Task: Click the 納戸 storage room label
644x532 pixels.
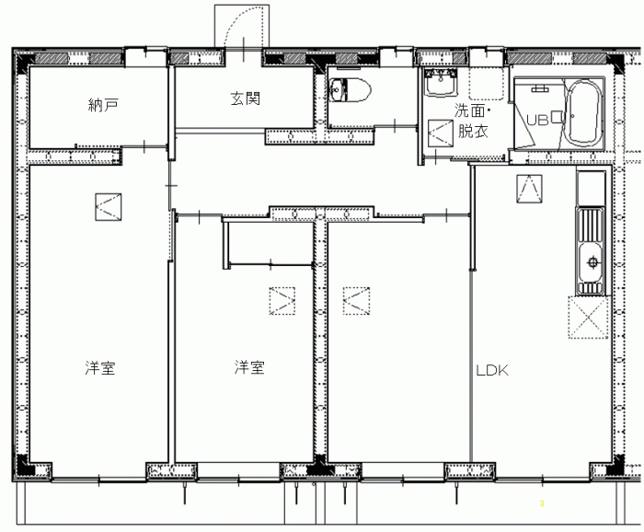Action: [103, 105]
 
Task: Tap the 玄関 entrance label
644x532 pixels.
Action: [246, 98]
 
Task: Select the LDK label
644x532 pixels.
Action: [492, 371]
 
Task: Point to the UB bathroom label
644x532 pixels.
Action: [537, 120]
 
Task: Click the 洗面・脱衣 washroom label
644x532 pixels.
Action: [473, 121]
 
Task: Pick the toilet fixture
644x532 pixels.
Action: [350, 89]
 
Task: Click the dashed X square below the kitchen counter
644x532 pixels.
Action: [588, 318]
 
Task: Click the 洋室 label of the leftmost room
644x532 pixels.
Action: [100, 367]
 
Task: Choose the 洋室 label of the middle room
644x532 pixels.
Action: [249, 367]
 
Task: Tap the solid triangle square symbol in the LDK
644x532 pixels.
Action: [529, 189]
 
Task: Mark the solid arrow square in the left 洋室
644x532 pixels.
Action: [108, 207]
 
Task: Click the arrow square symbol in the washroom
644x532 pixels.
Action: [441, 133]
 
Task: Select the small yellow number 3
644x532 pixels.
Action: [542, 503]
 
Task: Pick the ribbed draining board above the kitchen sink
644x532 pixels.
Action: [591, 225]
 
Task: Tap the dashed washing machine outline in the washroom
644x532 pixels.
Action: [487, 83]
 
